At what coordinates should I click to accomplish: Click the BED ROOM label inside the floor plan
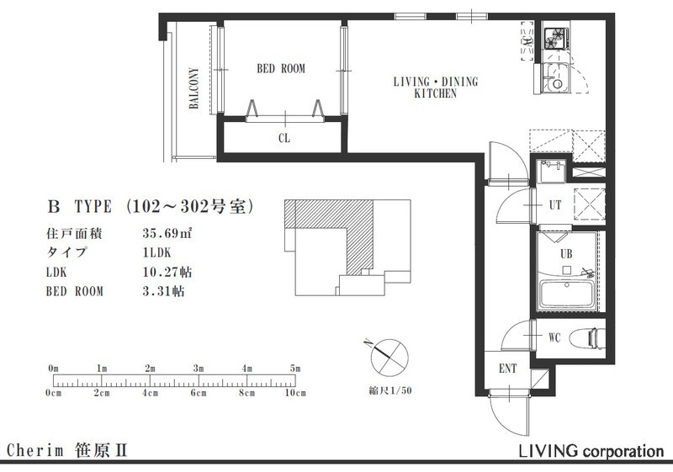(x=281, y=69)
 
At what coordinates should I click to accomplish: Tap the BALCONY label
(x=194, y=88)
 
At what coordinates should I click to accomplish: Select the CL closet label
(x=284, y=138)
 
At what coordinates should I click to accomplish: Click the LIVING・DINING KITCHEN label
(x=436, y=88)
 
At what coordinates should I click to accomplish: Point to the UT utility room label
(x=555, y=205)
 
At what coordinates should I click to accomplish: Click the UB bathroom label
(x=566, y=254)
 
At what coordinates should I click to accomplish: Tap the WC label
(x=554, y=337)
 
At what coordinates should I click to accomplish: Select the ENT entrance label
(x=507, y=369)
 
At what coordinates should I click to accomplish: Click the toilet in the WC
(x=587, y=338)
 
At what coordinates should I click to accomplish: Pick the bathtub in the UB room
(x=567, y=294)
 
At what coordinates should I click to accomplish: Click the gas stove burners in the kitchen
(x=556, y=38)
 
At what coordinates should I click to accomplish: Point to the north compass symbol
(x=389, y=357)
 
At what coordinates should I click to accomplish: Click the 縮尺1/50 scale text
(x=390, y=390)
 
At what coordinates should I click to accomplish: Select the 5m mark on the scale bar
(x=295, y=369)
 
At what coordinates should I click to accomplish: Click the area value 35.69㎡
(x=167, y=233)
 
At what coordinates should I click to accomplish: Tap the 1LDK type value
(x=156, y=252)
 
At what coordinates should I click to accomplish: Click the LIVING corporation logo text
(x=591, y=452)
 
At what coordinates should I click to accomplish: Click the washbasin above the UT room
(x=551, y=170)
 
